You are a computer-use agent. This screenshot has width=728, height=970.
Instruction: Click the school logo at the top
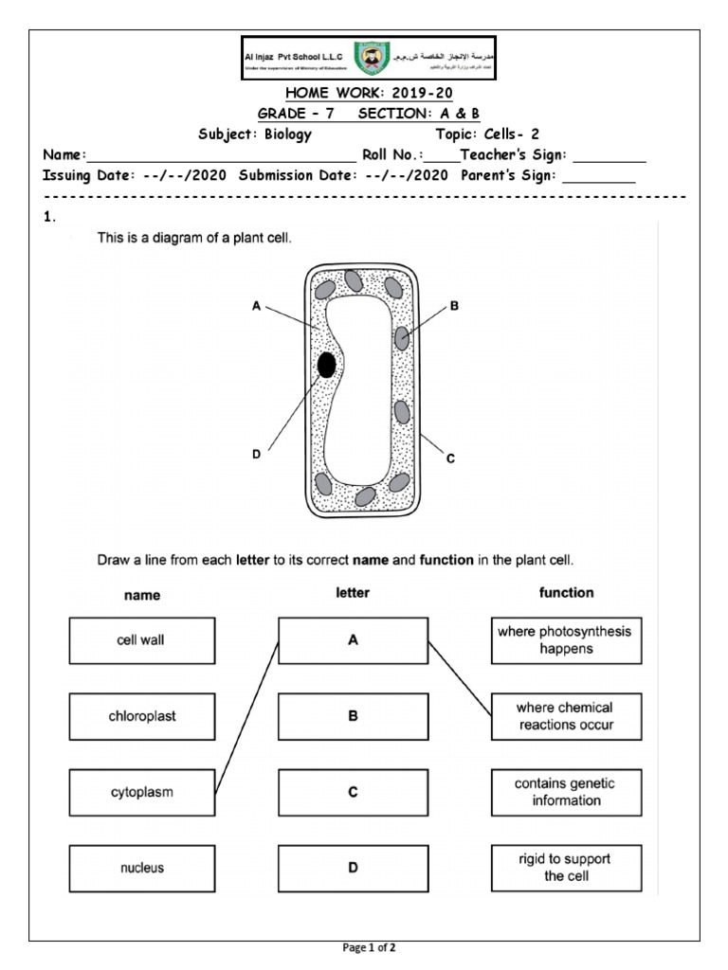tap(369, 59)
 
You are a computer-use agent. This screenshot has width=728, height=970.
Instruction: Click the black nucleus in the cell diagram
tap(327, 365)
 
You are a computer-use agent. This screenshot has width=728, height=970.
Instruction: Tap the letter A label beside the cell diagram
tap(256, 306)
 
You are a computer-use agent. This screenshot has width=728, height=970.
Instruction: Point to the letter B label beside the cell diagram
tap(454, 306)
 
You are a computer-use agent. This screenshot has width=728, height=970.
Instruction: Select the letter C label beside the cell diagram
tap(451, 458)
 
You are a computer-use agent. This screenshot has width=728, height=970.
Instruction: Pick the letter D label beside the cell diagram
tap(256, 455)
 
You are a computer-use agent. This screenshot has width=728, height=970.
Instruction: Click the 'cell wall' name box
tap(141, 640)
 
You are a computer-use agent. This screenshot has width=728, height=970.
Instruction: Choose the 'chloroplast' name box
tap(141, 716)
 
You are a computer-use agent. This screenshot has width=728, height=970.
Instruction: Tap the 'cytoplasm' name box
tap(141, 792)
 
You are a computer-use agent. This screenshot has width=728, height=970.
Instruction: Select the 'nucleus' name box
tap(141, 868)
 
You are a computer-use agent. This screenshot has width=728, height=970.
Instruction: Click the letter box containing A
tap(353, 640)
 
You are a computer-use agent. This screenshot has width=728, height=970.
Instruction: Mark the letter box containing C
tap(353, 792)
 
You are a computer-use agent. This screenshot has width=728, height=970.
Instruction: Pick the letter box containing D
tap(353, 868)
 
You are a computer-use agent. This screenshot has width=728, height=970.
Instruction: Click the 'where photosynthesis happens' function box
tap(566, 640)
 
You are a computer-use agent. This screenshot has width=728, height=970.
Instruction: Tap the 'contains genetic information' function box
tap(566, 792)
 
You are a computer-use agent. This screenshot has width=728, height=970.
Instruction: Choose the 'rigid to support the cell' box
tap(566, 868)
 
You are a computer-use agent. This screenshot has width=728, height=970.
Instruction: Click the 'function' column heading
tap(566, 592)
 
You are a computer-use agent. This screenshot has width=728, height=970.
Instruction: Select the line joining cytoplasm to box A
tap(246, 716)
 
